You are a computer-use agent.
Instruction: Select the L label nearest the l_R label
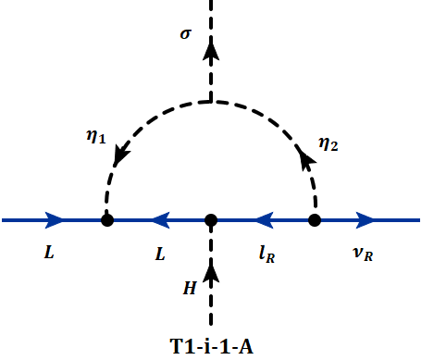160,252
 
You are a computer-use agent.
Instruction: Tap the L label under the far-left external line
48,252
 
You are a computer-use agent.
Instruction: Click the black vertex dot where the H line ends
211,220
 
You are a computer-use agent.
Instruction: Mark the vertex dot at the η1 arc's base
107,220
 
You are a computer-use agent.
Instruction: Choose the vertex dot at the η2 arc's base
315,220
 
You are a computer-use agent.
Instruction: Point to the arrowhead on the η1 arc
118,157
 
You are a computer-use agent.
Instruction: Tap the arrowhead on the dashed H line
211,272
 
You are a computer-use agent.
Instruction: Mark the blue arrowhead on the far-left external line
56,220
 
